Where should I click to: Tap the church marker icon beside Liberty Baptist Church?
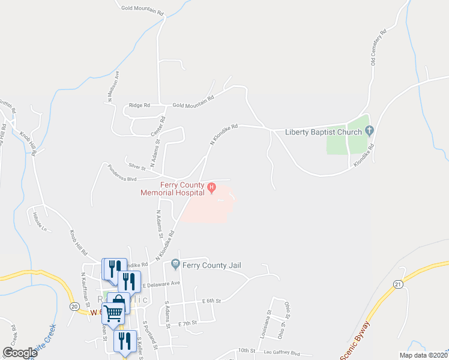point(369,130)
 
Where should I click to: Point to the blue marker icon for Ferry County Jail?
point(175,263)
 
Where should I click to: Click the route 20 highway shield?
point(74,307)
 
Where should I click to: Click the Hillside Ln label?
point(40,221)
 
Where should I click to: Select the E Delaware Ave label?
point(161,283)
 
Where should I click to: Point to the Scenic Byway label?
point(355,343)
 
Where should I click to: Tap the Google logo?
point(20,353)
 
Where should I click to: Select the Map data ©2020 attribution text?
point(423,355)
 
